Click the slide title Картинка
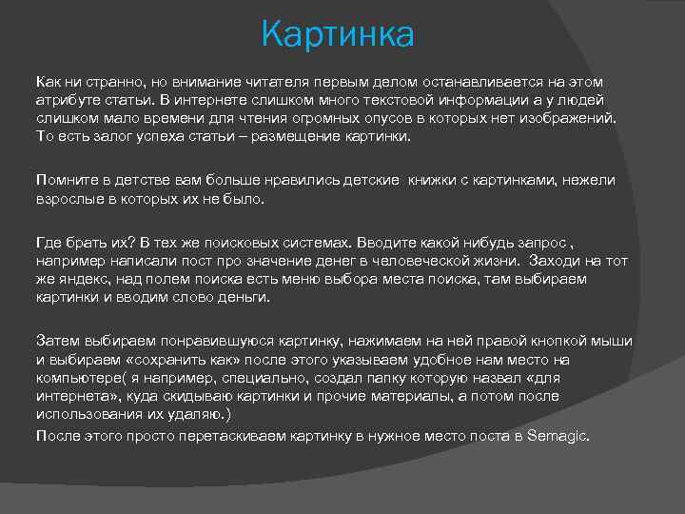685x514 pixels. (x=339, y=35)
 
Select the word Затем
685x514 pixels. (x=57, y=340)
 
